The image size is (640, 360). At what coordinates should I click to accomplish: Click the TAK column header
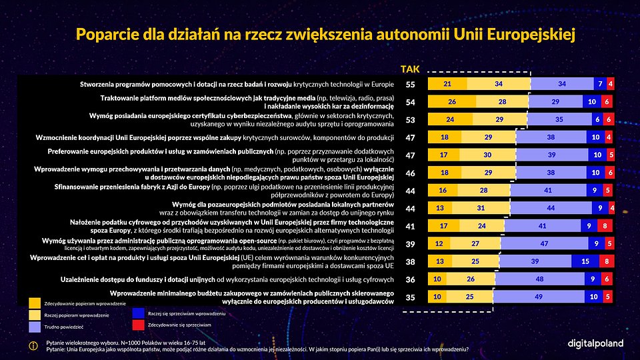[x=410, y=69]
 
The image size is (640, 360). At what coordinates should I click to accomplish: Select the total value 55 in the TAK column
[x=411, y=84]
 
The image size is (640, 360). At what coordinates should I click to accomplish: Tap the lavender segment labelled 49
[x=537, y=297]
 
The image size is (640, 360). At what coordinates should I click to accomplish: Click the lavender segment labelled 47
[x=541, y=243]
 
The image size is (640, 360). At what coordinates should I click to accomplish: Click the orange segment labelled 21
[x=447, y=84]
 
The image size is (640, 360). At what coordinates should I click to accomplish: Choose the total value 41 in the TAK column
[x=411, y=226]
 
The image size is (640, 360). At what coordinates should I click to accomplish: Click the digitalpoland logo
[x=595, y=343]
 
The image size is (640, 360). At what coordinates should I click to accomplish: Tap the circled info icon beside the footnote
[x=34, y=345]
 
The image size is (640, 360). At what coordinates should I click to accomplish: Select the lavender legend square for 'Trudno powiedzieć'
[x=35, y=327]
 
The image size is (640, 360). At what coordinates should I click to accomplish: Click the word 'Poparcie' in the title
[x=109, y=34]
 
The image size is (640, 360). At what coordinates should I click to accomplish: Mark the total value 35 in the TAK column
[x=411, y=297]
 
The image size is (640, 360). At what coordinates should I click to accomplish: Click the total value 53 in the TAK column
[x=411, y=119]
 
